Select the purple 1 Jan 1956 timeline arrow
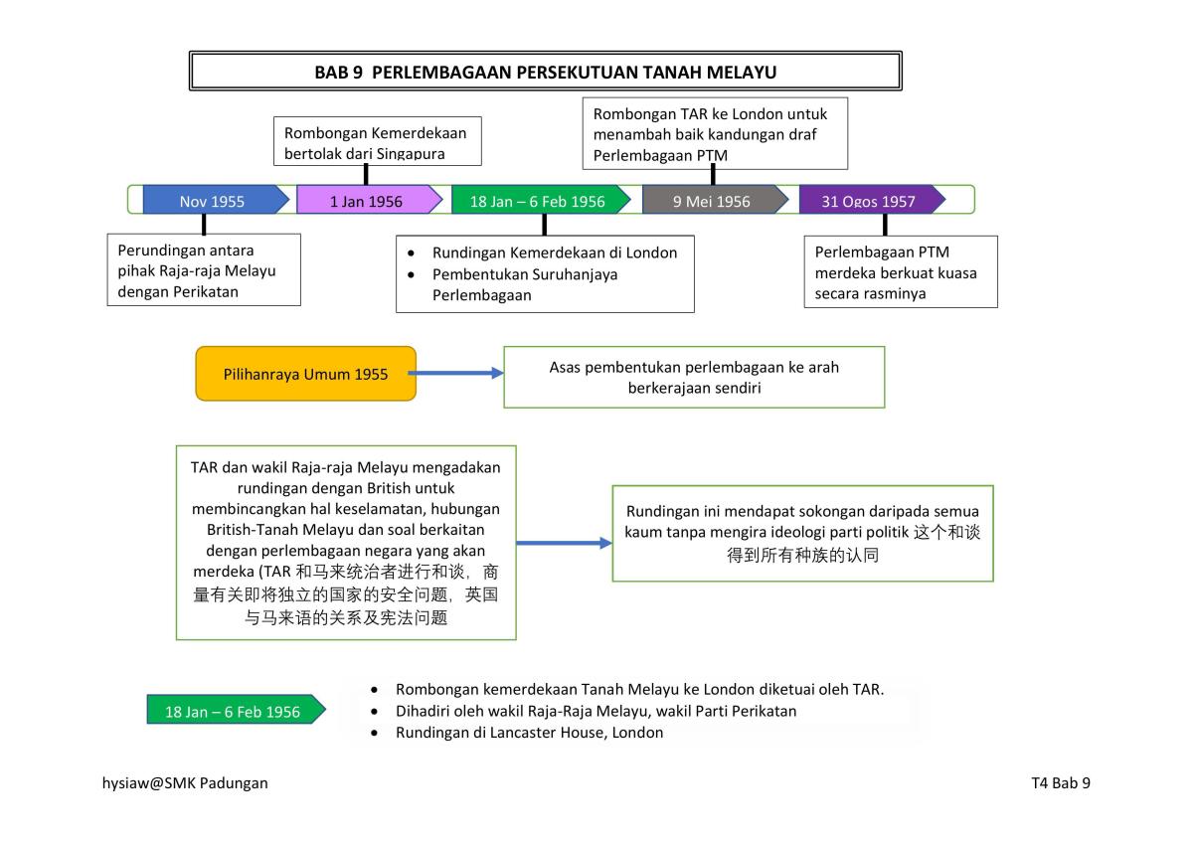[369, 200]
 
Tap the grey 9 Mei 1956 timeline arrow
[715, 200]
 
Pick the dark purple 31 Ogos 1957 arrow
[872, 200]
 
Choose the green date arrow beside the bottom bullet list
[236, 710]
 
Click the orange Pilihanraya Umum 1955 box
[306, 374]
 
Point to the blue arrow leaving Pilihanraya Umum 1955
[455, 374]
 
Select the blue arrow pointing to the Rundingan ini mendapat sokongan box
[564, 543]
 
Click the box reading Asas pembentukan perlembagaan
[694, 377]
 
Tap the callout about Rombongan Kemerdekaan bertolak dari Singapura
[378, 141]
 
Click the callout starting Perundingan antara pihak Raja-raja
[204, 269]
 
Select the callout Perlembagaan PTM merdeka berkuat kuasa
[901, 271]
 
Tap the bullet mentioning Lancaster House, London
[529, 733]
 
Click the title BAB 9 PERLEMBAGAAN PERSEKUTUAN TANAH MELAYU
[546, 72]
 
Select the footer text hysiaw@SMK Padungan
[185, 782]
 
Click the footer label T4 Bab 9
[1061, 782]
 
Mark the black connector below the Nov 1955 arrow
[204, 224]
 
